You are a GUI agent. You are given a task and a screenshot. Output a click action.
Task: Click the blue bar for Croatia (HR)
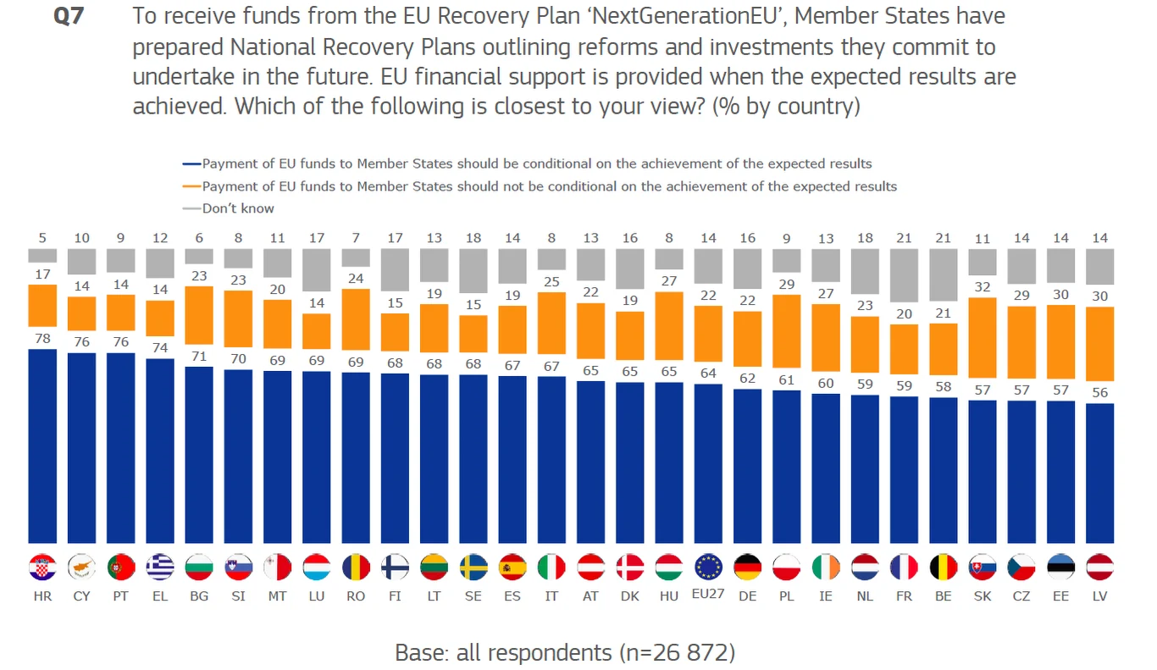pos(42,446)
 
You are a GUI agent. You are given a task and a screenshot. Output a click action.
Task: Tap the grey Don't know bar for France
pos(905,275)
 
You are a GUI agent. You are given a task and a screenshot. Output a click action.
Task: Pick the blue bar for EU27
pos(708,463)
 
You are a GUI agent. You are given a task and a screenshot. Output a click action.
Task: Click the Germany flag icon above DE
pos(747,567)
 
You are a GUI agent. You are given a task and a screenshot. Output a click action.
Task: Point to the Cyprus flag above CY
pos(81,567)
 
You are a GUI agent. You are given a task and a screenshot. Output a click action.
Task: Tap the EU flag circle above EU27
pos(708,567)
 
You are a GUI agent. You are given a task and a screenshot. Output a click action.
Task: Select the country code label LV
pos(1100,596)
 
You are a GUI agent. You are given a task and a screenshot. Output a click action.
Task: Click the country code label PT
pos(121,596)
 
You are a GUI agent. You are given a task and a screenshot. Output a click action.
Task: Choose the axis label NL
pos(865,596)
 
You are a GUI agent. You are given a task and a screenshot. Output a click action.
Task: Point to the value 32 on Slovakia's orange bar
pos(983,287)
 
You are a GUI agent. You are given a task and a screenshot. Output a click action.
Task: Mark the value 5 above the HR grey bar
pos(42,238)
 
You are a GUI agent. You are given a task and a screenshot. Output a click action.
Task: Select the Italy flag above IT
pos(551,567)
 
